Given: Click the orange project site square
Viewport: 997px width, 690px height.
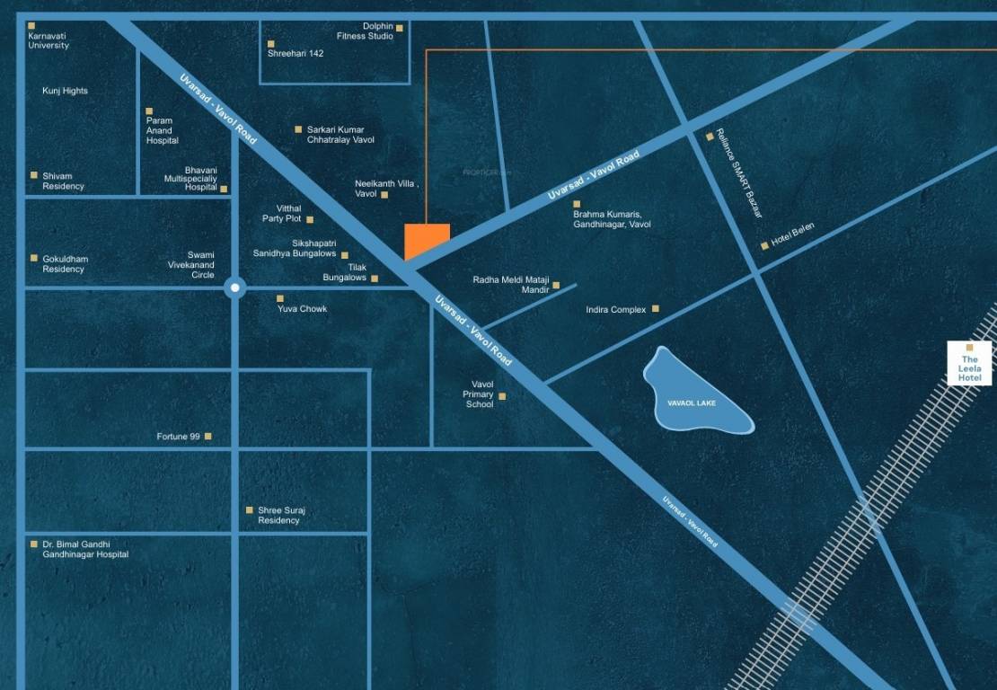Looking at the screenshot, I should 427,241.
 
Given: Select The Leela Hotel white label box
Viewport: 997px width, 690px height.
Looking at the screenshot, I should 969,364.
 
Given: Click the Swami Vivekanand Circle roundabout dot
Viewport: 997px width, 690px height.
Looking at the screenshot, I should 234,287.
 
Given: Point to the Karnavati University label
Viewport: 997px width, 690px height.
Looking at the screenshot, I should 48,40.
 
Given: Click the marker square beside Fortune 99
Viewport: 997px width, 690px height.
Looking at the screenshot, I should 207,437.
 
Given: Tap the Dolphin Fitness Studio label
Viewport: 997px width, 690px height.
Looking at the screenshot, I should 365,31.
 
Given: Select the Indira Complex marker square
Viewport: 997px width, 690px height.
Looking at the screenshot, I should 656,309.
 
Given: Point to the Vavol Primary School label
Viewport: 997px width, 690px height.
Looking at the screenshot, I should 479,394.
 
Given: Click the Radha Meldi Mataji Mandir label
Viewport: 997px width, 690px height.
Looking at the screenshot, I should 510,285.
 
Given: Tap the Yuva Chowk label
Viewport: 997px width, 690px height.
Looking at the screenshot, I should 302,309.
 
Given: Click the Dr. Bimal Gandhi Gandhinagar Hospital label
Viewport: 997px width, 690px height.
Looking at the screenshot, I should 85,549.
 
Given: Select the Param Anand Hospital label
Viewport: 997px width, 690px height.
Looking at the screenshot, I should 162,130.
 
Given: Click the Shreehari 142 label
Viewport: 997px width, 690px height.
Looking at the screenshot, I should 296,53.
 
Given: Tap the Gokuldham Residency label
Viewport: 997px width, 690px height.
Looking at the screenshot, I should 65,264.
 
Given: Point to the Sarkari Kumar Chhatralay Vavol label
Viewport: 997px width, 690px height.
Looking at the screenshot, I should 340,135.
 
